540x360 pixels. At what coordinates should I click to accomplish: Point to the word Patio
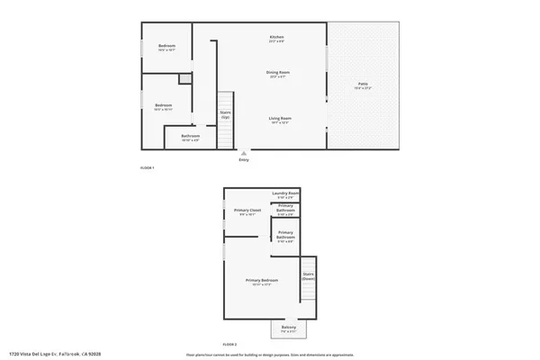pyautogui.click(x=362, y=84)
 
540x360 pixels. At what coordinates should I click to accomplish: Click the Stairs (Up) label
pyautogui.click(x=225, y=114)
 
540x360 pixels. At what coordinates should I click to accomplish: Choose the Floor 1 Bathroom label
pyautogui.click(x=191, y=136)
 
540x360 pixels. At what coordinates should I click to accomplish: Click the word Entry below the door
pyautogui.click(x=243, y=160)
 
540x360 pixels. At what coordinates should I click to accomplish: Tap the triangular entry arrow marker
pyautogui.click(x=243, y=153)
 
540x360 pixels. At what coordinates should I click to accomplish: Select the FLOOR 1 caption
pyautogui.click(x=148, y=168)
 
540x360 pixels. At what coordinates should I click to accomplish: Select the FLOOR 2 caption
pyautogui.click(x=230, y=345)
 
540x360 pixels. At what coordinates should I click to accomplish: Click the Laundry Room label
pyautogui.click(x=286, y=193)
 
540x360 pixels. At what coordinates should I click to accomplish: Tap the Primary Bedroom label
pyautogui.click(x=262, y=280)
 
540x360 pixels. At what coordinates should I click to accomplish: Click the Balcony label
pyautogui.click(x=288, y=328)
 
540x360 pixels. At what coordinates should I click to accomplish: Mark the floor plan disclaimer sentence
pyautogui.click(x=270, y=355)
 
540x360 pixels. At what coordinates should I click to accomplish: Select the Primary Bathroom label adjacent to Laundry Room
pyautogui.click(x=285, y=209)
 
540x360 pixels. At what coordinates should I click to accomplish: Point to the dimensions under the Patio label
pyautogui.click(x=362, y=88)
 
